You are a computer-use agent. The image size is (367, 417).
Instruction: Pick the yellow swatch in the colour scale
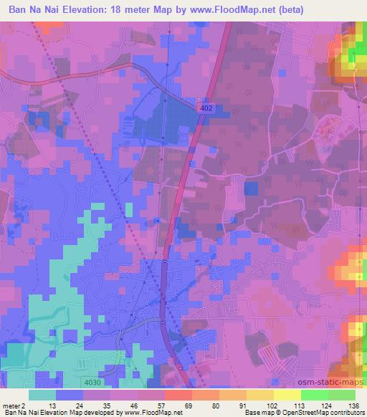pos(287,395)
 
